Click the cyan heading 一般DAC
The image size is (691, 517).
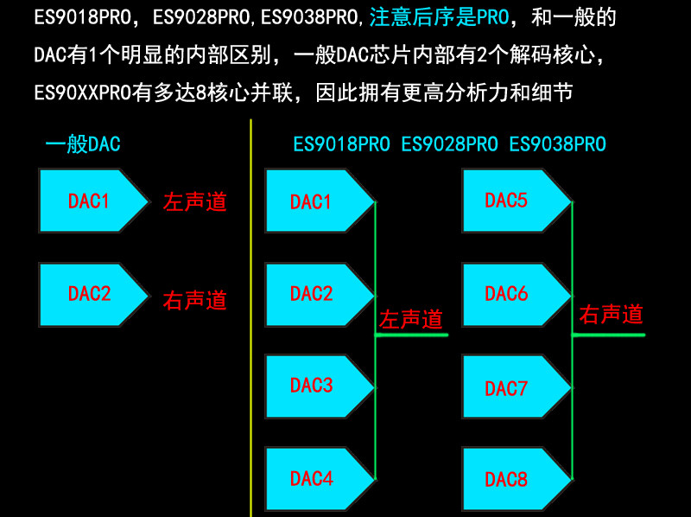tap(83, 144)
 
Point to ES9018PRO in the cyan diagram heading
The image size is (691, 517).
tap(342, 144)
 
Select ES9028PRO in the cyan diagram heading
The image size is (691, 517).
tap(450, 144)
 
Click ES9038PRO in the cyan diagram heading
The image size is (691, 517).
tap(558, 144)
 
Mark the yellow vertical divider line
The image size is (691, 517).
tap(250, 320)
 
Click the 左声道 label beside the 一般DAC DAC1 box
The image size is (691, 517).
tap(195, 201)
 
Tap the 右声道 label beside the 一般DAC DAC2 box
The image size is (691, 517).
tap(195, 300)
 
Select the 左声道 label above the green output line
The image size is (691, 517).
tap(411, 319)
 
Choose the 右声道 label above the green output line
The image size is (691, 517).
tap(611, 314)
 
